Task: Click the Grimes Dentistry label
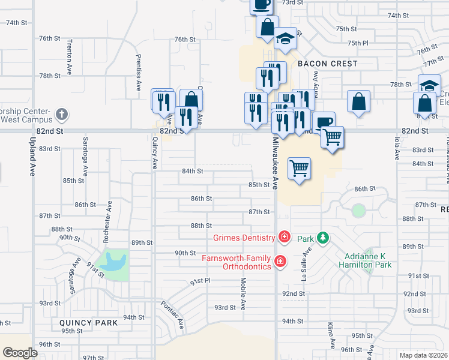(243, 238)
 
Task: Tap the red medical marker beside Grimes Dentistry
(284, 238)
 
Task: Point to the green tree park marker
(323, 238)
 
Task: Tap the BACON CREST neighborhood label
(327, 64)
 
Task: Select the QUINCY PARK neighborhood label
(88, 322)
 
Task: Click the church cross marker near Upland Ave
(62, 114)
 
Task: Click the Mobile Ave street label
(243, 293)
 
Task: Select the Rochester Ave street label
(108, 222)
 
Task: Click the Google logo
(20, 352)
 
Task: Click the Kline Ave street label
(331, 335)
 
